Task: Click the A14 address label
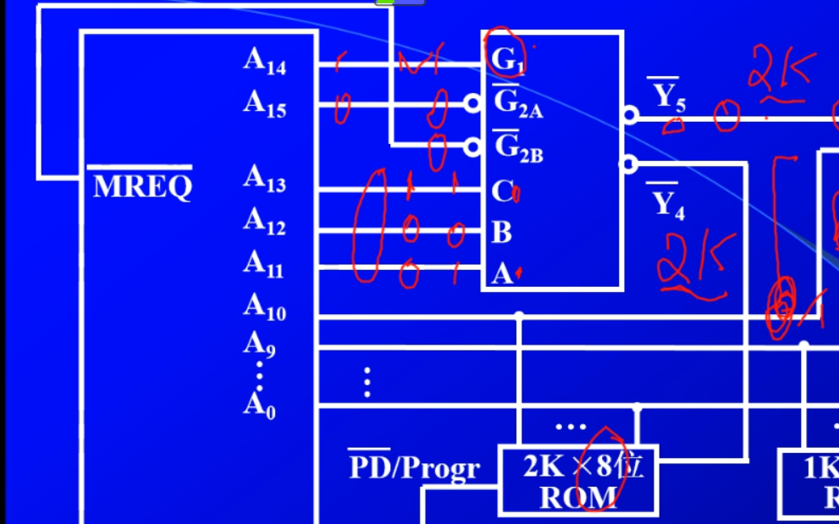click(x=264, y=61)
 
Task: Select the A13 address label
click(x=264, y=179)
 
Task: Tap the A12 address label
click(x=264, y=222)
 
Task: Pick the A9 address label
click(x=259, y=344)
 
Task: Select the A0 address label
click(x=259, y=406)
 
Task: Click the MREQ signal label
click(x=141, y=185)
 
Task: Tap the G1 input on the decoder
click(x=508, y=59)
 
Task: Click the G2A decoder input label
click(x=517, y=102)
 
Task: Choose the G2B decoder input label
click(x=517, y=147)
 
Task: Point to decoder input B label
click(x=501, y=231)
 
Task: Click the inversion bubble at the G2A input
click(x=472, y=103)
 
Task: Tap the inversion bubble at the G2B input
click(x=472, y=146)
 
